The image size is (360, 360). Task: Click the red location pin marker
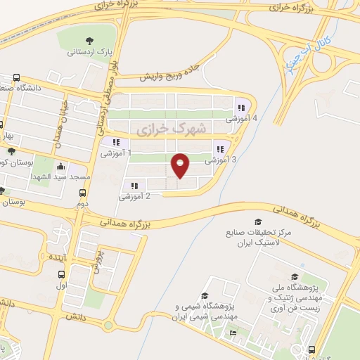point(181,166)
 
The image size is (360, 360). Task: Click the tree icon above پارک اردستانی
point(88,40)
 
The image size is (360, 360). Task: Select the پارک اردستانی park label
point(87,52)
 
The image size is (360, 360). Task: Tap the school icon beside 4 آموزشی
point(241,108)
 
